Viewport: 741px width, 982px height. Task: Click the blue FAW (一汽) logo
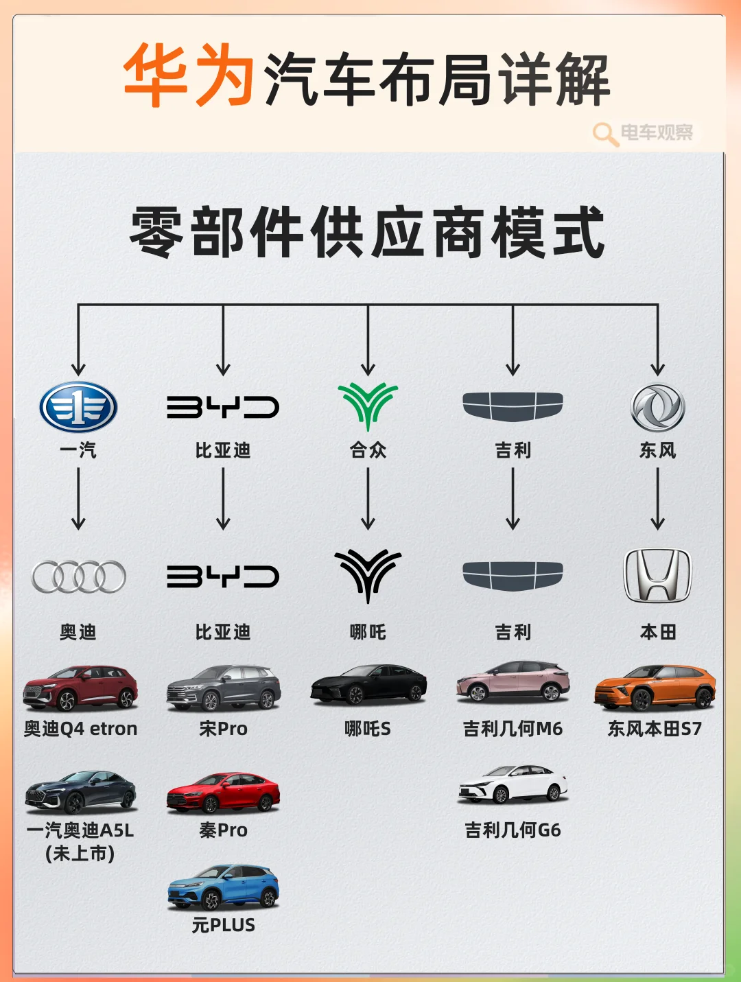pyautogui.click(x=78, y=407)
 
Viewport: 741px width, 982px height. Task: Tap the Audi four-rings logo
pyautogui.click(x=79, y=576)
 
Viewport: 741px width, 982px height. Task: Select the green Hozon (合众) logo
pyautogui.click(x=368, y=406)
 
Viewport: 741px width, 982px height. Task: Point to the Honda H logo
pyautogui.click(x=657, y=575)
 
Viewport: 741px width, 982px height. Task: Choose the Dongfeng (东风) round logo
pyautogui.click(x=657, y=407)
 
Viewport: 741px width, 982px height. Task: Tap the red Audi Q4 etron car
pyautogui.click(x=80, y=687)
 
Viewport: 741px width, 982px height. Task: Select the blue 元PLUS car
pyautogui.click(x=223, y=887)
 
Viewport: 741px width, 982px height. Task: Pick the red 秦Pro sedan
pyautogui.click(x=223, y=792)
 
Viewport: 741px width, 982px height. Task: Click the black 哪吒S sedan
pyautogui.click(x=368, y=684)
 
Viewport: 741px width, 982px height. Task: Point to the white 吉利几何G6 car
pyautogui.click(x=513, y=784)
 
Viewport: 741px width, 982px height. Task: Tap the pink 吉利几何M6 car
pyautogui.click(x=513, y=681)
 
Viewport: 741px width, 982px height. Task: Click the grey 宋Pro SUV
pyautogui.click(x=223, y=687)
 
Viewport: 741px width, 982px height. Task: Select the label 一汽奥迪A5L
pyautogui.click(x=80, y=830)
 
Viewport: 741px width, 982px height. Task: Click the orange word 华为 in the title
pyautogui.click(x=189, y=75)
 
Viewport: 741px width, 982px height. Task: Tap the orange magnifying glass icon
pyautogui.click(x=605, y=133)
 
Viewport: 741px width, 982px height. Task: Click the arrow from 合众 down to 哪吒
pyautogui.click(x=368, y=498)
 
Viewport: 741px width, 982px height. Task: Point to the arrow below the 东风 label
pyautogui.click(x=657, y=498)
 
